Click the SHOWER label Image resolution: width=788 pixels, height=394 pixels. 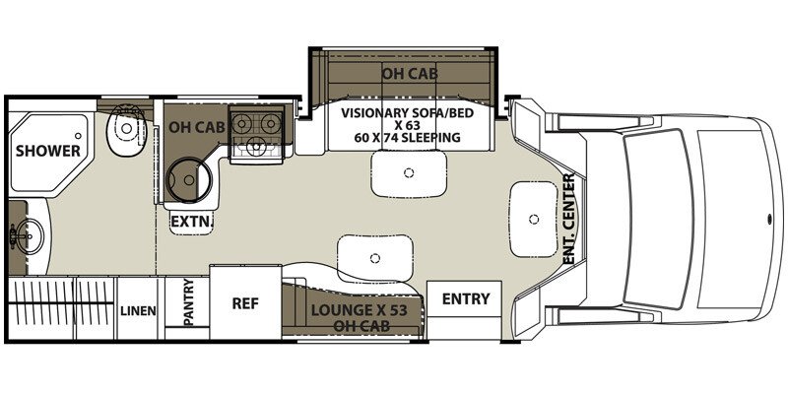pos(47,151)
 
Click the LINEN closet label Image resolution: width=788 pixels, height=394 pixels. pos(138,311)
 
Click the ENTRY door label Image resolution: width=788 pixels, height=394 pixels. pos(466,298)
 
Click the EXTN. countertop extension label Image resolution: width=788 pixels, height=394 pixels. pos(189,222)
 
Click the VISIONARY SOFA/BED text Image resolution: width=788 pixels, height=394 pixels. pos(400,112)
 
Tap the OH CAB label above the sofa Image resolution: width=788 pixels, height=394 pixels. pos(410,73)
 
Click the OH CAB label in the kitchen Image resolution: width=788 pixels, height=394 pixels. pos(193,127)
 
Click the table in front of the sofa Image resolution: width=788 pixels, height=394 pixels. pos(408,174)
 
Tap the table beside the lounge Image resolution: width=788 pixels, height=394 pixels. pos(373,258)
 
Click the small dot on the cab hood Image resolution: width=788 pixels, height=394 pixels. pos(765,214)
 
